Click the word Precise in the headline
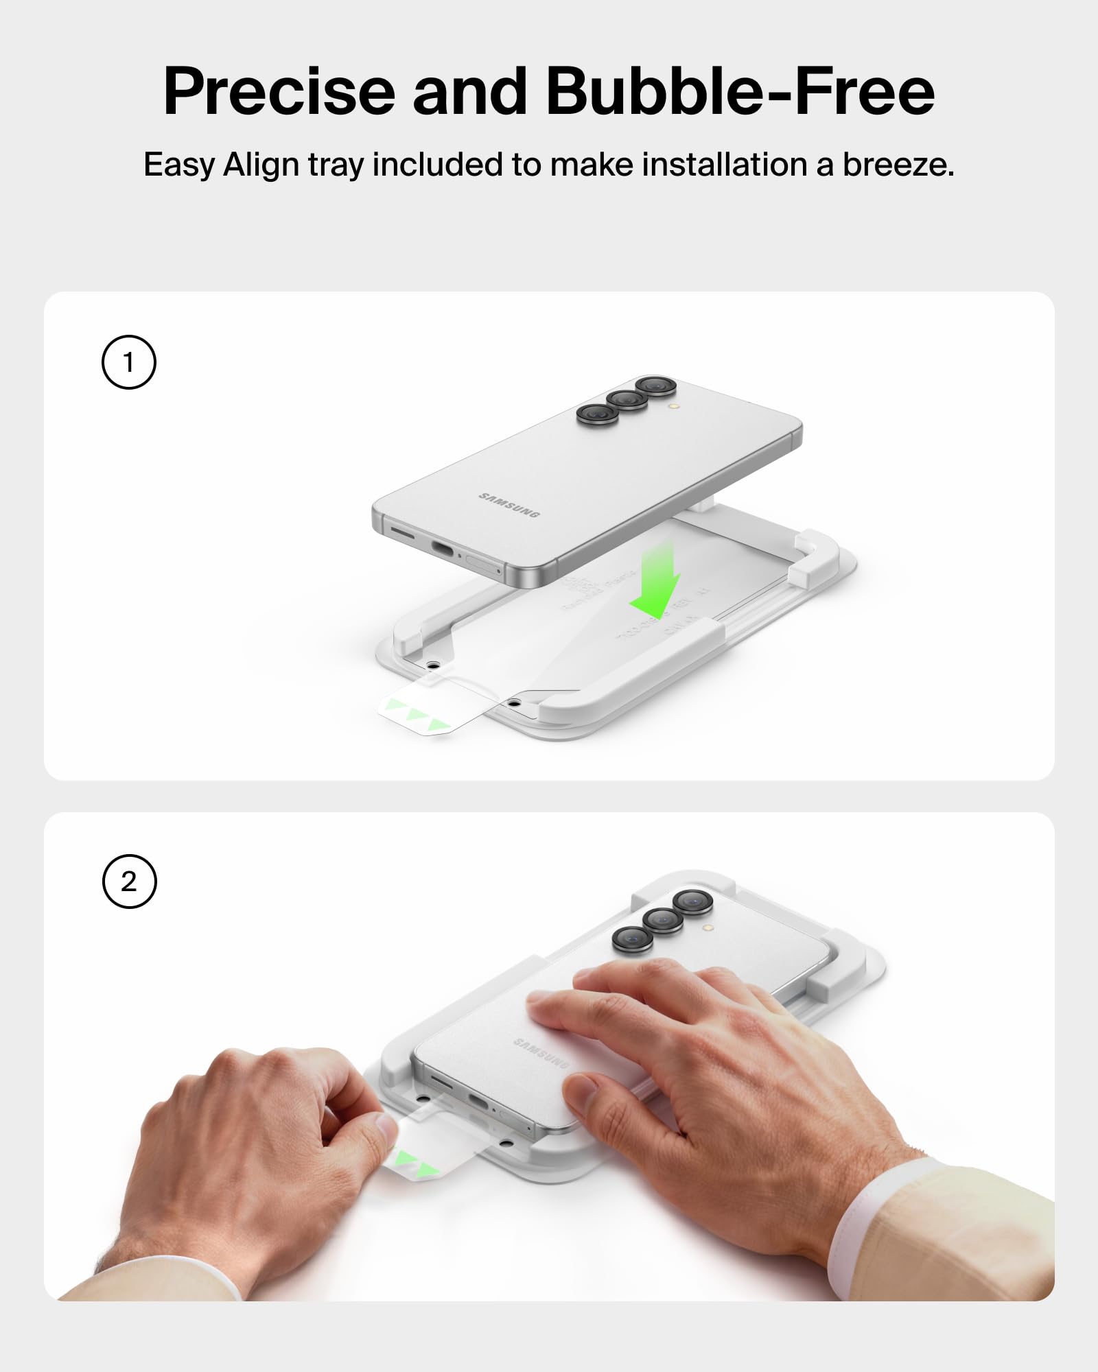coord(279,93)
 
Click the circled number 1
coord(129,362)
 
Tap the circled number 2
coord(129,882)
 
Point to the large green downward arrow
coord(655,580)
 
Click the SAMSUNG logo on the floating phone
coord(509,505)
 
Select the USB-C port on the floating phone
coord(447,549)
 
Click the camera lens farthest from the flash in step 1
coord(597,413)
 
